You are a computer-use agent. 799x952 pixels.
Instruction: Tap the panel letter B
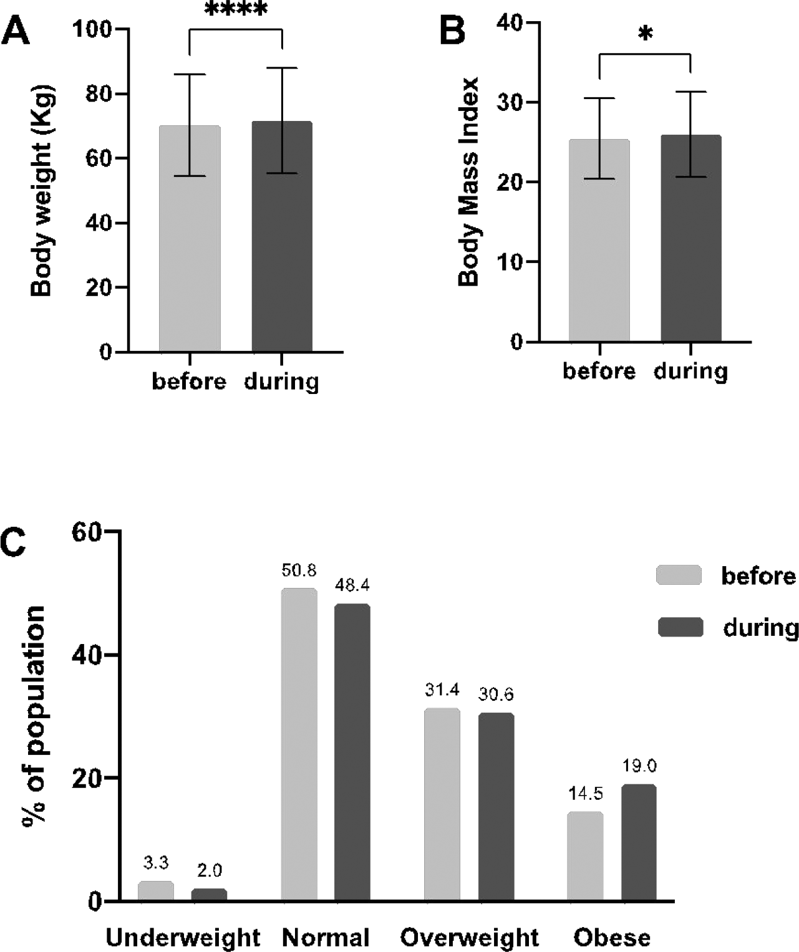[x=452, y=31]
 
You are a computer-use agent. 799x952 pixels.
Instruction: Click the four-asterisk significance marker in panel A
[x=235, y=9]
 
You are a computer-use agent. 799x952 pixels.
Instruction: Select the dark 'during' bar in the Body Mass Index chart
[x=691, y=238]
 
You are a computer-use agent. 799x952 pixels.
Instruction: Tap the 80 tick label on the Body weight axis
[x=99, y=94]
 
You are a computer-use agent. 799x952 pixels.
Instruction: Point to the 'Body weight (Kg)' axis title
[x=42, y=191]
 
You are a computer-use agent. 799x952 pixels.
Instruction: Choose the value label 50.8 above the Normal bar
[x=299, y=570]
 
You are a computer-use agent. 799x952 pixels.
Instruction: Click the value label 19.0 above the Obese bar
[x=639, y=766]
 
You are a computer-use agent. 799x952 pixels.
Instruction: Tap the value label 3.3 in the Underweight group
[x=156, y=863]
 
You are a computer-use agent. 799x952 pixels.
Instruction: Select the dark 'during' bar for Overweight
[x=496, y=807]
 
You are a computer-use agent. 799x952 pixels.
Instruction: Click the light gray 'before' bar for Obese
[x=585, y=856]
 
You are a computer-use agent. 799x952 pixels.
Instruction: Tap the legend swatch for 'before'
[x=679, y=574]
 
